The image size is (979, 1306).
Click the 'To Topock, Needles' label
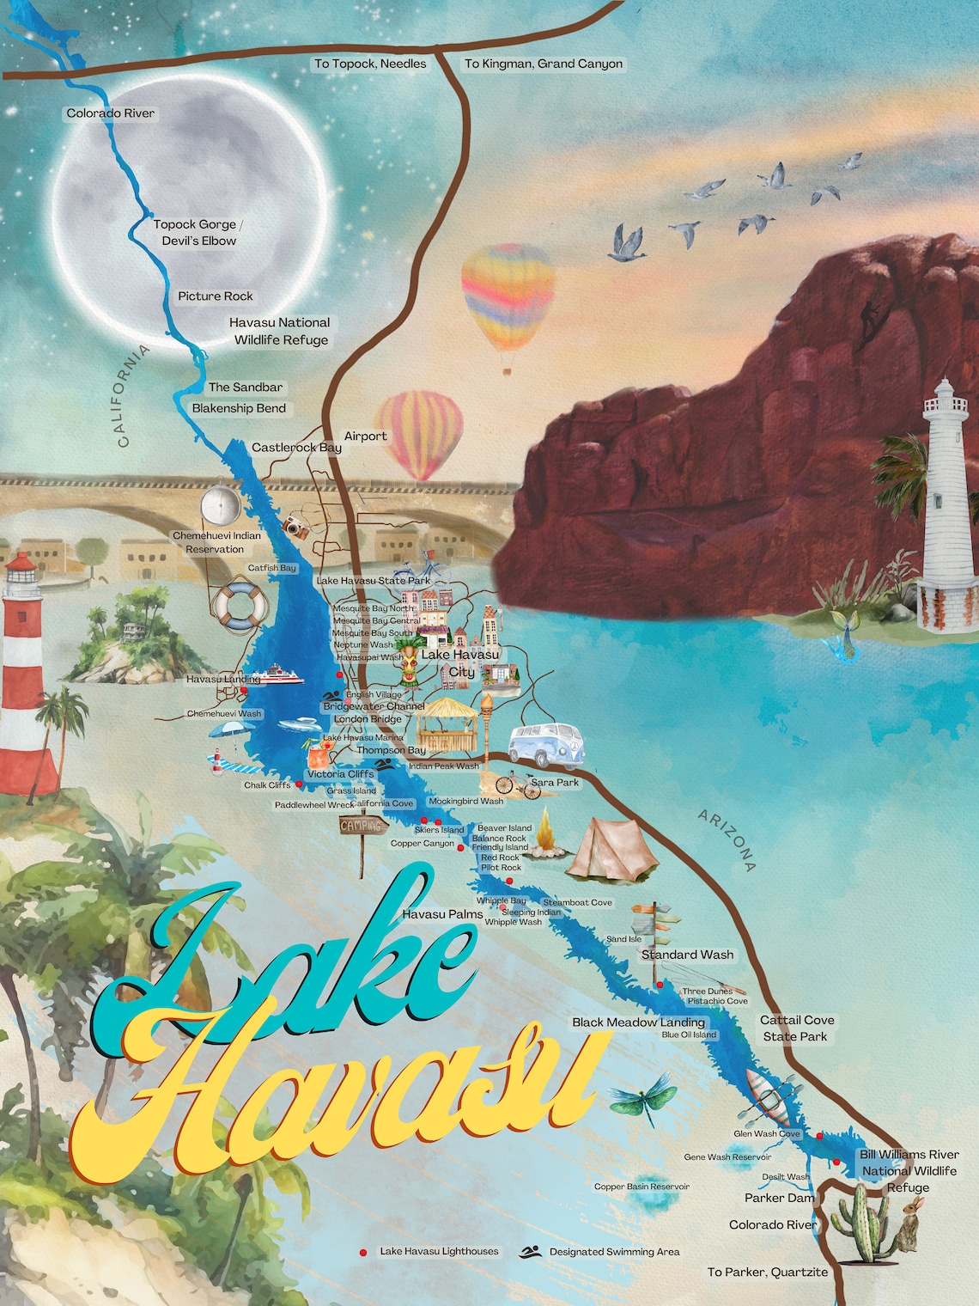370,64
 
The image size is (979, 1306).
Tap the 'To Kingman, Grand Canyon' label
544,64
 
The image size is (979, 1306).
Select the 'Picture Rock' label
216,296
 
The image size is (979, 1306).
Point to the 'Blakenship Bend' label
239,408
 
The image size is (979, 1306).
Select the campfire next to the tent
544,838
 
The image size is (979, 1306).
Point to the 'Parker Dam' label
779,1198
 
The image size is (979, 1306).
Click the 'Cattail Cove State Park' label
796,1028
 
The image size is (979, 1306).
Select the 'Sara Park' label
555,783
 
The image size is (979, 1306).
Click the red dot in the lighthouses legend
363,1253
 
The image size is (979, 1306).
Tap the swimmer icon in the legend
530,1252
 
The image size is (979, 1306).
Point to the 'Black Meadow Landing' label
638,1022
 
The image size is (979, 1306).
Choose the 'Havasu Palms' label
442,914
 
